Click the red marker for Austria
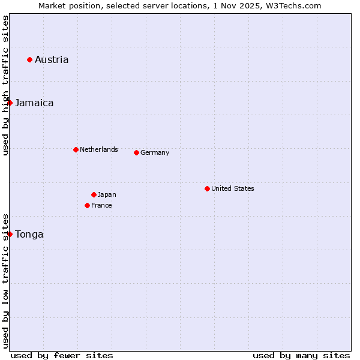click(29, 59)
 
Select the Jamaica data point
click(10, 103)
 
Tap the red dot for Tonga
click(10, 234)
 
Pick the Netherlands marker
click(76, 149)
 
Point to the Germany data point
click(136, 152)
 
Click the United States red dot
click(207, 188)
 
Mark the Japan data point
click(94, 194)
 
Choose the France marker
click(87, 205)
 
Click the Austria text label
click(52, 59)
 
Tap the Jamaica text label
click(34, 103)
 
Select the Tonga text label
click(29, 234)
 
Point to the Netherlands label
click(99, 149)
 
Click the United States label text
click(233, 188)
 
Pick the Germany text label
click(155, 152)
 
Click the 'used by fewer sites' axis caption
click(62, 355)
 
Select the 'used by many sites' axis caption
click(301, 355)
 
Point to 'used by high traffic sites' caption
click(5, 85)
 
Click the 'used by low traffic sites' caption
click(5, 280)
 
